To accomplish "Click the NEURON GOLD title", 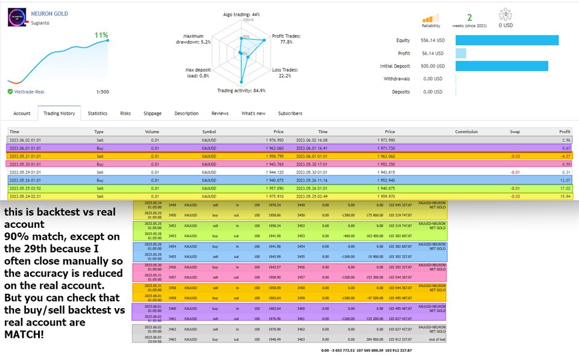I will coord(49,13).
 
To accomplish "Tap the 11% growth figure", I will coord(101,35).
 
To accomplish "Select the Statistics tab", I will coord(98,113).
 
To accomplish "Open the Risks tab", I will coord(125,113).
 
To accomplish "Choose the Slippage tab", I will coord(153,113).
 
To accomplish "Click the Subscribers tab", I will coord(290,113).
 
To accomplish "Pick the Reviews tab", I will coord(220,113).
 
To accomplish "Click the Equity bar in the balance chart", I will coord(507,40).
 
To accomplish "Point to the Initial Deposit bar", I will coord(501,66).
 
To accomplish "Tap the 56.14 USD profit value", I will coord(432,53).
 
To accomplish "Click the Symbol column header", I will coord(209,131).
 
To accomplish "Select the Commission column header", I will coord(466,131).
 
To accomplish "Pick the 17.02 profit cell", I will coord(565,188).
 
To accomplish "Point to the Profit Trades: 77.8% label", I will coord(286,39).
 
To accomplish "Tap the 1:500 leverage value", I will coord(103,92).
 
